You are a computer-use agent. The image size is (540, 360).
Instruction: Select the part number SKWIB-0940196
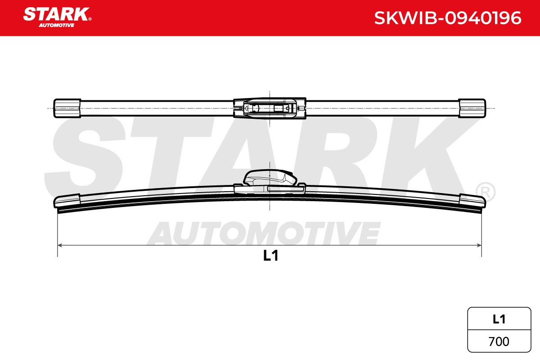(448, 18)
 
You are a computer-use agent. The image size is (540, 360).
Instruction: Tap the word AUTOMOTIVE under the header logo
(57, 25)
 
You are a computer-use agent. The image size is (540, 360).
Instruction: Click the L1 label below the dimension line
(271, 256)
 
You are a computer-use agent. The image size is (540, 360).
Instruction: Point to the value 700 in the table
(499, 342)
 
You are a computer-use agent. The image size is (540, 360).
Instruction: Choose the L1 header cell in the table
(499, 319)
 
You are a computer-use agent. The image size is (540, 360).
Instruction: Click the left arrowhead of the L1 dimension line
(60, 245)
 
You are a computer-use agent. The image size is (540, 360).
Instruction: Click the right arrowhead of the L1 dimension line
(479, 245)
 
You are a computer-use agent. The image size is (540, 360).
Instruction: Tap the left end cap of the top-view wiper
(67, 108)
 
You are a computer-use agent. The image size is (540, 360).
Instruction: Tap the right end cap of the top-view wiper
(472, 108)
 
